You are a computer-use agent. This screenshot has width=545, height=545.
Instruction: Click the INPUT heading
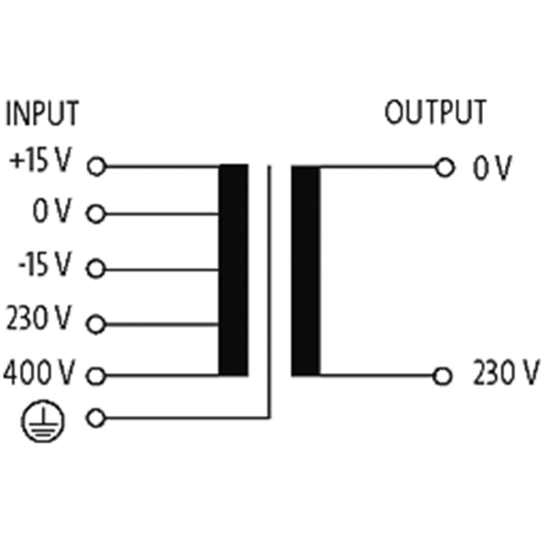click(x=42, y=113)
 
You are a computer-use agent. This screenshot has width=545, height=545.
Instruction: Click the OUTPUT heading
click(x=435, y=112)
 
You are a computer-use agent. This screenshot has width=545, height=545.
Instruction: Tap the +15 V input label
click(x=41, y=159)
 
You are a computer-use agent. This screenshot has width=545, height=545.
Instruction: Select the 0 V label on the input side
click(x=52, y=211)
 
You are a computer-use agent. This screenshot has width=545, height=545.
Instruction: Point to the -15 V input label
click(x=45, y=264)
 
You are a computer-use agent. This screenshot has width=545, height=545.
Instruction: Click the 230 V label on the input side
click(x=39, y=317)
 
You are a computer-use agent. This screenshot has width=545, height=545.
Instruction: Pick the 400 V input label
click(x=39, y=373)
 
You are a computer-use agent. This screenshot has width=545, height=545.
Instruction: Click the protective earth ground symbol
click(x=43, y=421)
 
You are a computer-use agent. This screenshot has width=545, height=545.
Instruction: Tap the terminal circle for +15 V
click(x=97, y=166)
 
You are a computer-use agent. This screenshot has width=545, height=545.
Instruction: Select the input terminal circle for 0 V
click(x=95, y=214)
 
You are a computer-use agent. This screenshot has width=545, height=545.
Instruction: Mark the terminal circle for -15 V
click(x=95, y=268)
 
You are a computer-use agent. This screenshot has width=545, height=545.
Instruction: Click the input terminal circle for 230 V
click(x=95, y=324)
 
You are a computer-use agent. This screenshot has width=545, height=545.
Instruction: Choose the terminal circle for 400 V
click(x=95, y=376)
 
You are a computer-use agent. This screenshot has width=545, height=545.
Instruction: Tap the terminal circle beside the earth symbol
click(x=95, y=418)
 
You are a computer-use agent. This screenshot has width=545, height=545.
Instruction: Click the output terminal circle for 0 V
click(x=445, y=168)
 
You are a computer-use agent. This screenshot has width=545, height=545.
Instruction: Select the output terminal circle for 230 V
click(x=443, y=376)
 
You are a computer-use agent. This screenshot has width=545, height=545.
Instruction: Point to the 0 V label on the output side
click(x=493, y=168)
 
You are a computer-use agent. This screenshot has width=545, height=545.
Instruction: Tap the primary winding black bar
click(x=233, y=270)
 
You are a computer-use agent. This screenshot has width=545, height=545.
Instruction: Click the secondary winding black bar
click(x=306, y=270)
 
